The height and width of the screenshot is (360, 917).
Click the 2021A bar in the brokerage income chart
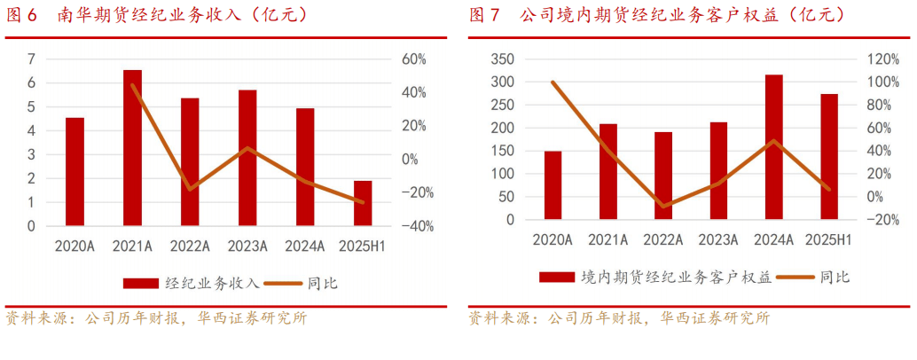pos(132,147)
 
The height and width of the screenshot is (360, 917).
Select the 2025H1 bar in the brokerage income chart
pos(363,203)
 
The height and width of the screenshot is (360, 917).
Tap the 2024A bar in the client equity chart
pos(773,146)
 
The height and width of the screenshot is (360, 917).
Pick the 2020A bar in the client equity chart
pos(553,184)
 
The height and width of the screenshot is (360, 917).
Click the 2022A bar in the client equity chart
pos(663,175)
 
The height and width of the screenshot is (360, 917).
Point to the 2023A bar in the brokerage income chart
pos(247,158)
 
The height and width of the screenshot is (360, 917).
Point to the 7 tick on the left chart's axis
pos(31,59)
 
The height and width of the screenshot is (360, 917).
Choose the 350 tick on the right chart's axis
pos(502,59)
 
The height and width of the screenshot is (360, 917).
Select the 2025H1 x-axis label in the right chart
pos(828,239)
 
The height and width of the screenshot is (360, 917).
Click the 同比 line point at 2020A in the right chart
pos(553,82)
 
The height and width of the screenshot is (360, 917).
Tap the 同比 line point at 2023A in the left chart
pos(247,148)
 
